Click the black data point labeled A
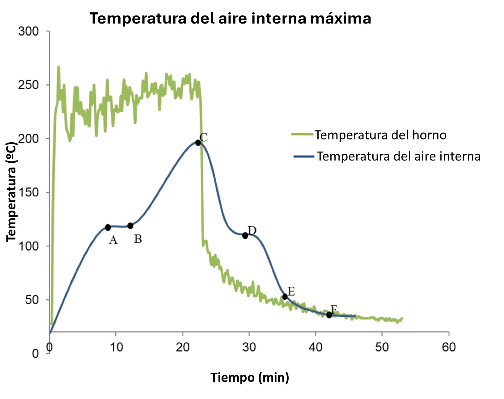point(108,227)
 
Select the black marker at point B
point(130,226)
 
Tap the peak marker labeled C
point(198,143)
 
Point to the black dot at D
point(245,236)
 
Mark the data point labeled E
point(285,297)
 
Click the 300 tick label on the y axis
point(28,31)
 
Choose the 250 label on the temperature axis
point(28,85)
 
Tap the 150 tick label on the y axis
point(28,192)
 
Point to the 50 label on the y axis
point(32,300)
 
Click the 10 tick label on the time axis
point(116,347)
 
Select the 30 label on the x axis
point(249,347)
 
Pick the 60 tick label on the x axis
point(449,347)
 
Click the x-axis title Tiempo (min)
point(250,378)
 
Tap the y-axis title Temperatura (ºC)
point(12,192)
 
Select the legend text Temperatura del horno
point(380,135)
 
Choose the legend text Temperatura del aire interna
point(399,156)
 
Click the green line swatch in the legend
point(302,135)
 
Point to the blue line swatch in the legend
point(304,157)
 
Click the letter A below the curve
point(113,240)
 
